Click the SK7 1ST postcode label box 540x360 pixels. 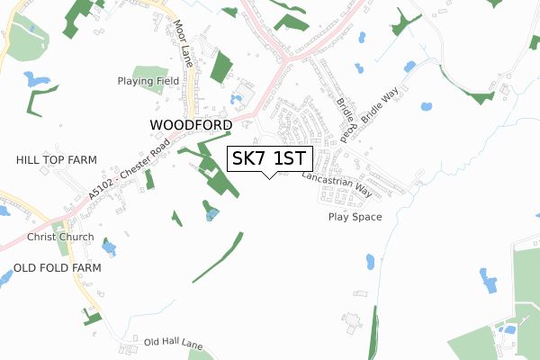click(x=269, y=158)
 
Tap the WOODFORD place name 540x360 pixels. click(x=192, y=124)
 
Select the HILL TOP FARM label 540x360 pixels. click(x=56, y=159)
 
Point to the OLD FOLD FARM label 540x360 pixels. click(x=57, y=268)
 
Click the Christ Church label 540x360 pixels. click(x=60, y=237)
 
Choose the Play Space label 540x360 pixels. click(x=355, y=217)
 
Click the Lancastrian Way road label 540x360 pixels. click(x=337, y=180)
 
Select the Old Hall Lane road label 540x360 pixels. click(x=175, y=343)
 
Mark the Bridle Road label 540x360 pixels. click(x=346, y=117)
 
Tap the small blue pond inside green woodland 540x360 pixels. click(x=212, y=213)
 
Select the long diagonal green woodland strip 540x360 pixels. click(x=218, y=257)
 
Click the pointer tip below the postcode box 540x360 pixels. click(x=269, y=177)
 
